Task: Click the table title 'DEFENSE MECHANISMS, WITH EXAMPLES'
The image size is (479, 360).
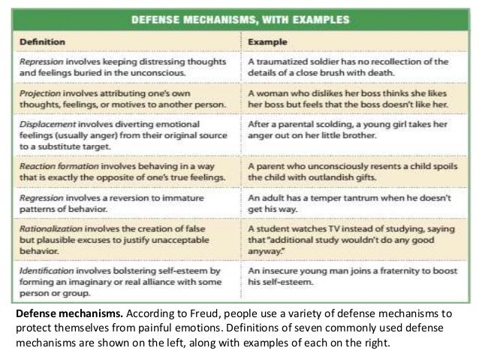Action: click(x=239, y=20)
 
